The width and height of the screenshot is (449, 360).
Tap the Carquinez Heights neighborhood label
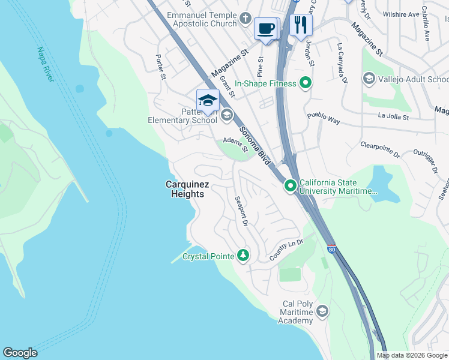tap(185, 190)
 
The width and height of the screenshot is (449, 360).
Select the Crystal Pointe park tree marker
tap(243, 256)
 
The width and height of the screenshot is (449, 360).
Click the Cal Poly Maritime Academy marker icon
tap(322, 311)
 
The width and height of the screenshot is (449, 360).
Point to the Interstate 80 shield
tap(331, 248)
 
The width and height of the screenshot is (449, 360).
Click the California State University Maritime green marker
tap(291, 187)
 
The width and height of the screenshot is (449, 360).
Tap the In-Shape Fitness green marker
tap(306, 83)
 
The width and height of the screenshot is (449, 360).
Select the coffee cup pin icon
tap(265, 28)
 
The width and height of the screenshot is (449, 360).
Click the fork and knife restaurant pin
tap(301, 25)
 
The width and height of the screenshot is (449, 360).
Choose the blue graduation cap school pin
tap(208, 100)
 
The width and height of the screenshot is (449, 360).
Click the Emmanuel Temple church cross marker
tap(244, 19)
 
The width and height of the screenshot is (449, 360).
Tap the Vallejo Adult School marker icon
tap(369, 79)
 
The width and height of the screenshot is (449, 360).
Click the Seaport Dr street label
tap(241, 211)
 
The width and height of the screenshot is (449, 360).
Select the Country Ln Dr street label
tap(286, 250)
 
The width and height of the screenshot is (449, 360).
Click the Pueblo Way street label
tap(324, 118)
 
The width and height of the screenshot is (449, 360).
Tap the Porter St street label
tap(160, 67)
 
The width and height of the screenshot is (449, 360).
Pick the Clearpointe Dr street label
tap(381, 150)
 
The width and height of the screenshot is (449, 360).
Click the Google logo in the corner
tap(20, 353)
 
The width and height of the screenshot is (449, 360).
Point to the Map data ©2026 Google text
tap(411, 355)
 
